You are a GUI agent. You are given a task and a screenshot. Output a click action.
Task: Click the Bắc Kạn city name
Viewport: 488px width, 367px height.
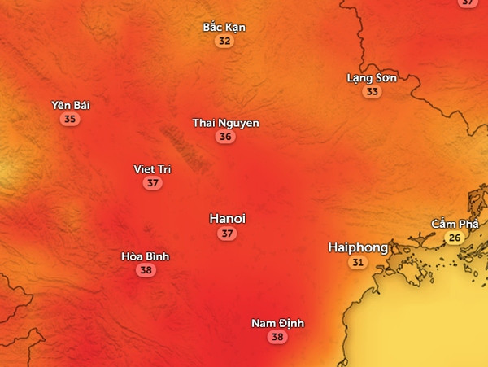(224, 27)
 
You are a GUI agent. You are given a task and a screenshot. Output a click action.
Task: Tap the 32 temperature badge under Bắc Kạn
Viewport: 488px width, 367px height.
(224, 41)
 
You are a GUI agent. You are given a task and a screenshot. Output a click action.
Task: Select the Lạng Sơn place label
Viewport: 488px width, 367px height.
(372, 78)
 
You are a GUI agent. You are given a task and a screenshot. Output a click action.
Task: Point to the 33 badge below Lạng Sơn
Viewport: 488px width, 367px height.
(372, 92)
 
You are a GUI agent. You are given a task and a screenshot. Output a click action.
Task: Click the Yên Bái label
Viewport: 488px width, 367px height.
(71, 106)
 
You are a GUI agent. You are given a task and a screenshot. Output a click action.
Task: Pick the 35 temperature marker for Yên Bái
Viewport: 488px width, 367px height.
(71, 120)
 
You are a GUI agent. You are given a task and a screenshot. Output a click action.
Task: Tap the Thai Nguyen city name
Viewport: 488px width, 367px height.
(226, 123)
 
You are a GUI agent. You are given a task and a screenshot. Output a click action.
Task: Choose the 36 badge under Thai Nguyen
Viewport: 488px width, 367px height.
(226, 137)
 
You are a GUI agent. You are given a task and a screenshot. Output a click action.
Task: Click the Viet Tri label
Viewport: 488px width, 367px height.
(152, 169)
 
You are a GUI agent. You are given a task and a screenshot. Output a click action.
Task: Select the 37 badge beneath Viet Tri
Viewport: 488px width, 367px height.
(152, 183)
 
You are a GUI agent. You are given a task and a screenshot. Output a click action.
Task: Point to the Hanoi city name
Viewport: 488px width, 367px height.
(227, 218)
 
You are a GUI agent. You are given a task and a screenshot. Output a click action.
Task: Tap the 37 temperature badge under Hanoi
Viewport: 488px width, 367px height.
(227, 234)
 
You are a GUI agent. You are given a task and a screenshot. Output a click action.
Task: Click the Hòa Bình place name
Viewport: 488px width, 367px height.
(146, 256)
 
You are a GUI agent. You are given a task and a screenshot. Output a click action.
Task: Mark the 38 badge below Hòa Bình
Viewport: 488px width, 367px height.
(146, 270)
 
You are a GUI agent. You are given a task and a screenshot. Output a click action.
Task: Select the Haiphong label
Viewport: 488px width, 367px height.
(358, 247)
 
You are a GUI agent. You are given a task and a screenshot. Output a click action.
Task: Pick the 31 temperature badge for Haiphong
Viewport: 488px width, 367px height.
(358, 262)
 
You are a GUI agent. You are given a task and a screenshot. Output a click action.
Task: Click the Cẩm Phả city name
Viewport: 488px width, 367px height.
(455, 224)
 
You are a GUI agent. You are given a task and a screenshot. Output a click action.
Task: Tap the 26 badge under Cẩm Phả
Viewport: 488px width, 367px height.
(455, 238)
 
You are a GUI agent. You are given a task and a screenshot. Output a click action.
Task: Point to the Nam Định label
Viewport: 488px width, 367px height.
(277, 323)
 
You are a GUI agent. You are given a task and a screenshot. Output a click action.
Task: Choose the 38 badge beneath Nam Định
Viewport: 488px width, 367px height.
(277, 337)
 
